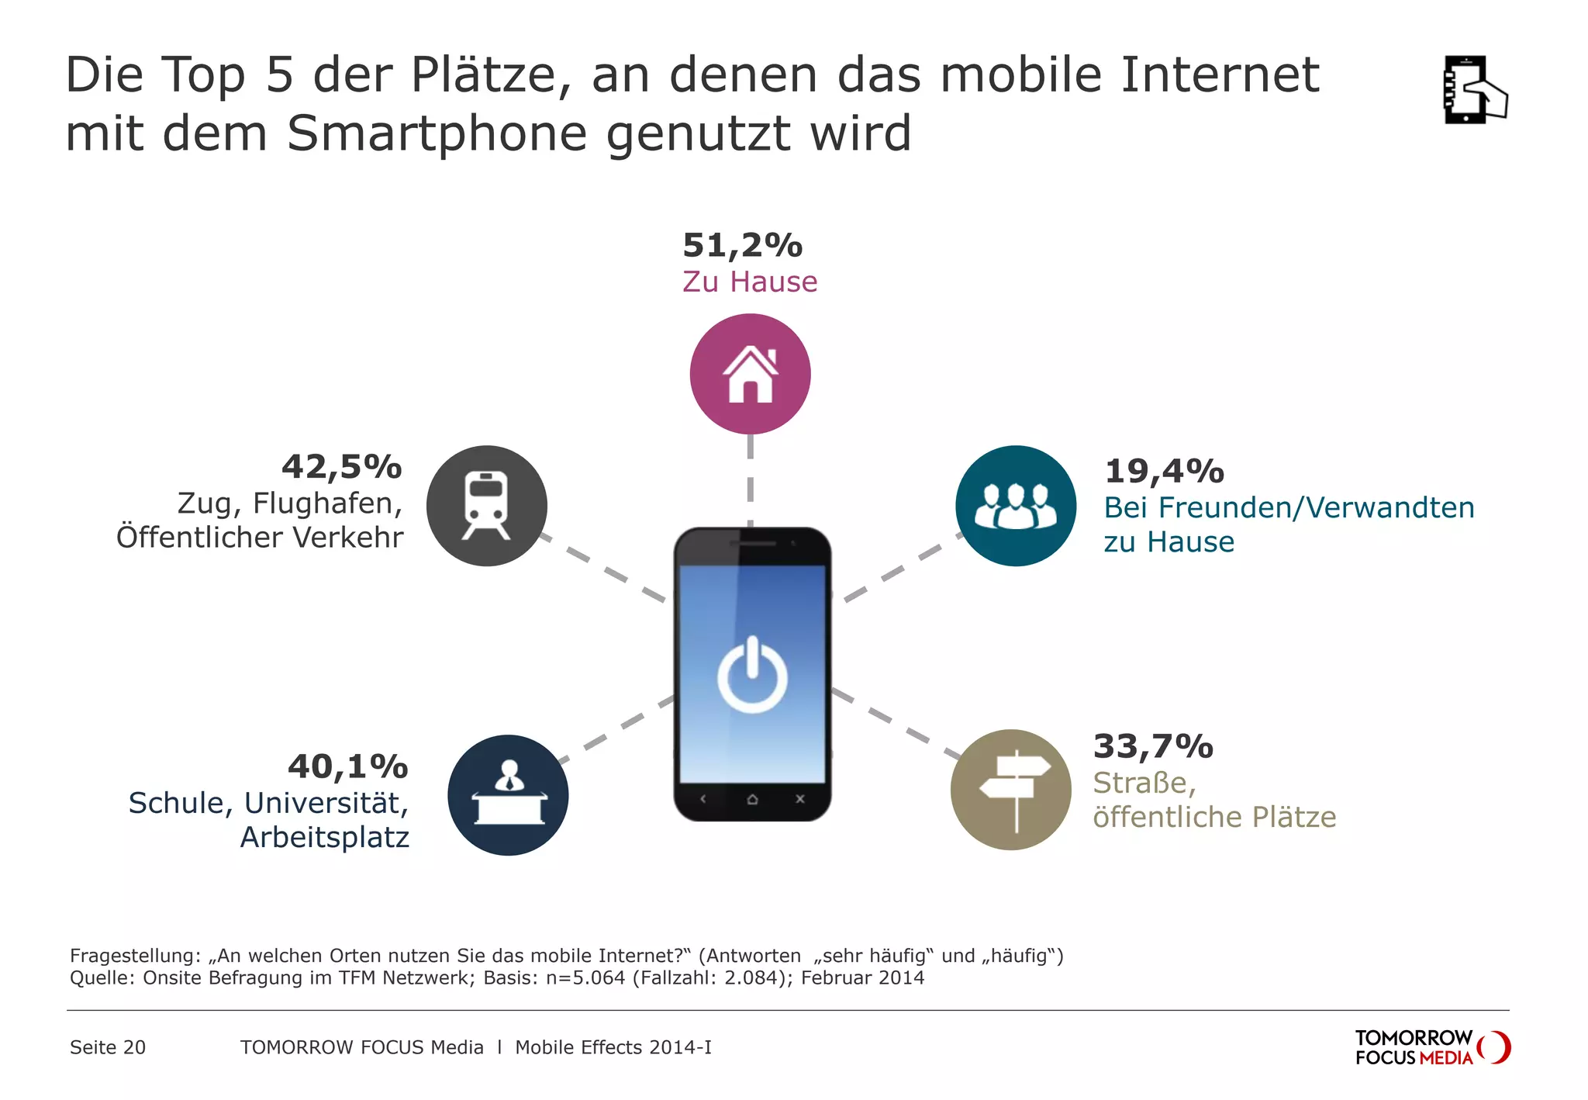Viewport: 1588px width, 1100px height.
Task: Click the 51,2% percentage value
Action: point(742,246)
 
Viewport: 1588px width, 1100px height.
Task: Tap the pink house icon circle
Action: point(750,374)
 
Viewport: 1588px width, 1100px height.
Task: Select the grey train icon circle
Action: point(487,506)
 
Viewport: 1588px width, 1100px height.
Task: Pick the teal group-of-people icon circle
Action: point(1016,506)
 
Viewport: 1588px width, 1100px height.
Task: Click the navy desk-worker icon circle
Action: point(508,795)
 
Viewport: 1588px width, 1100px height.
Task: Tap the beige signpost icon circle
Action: point(1011,790)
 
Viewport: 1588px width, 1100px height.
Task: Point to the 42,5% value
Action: point(342,468)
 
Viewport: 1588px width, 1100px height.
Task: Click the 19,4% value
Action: point(1164,472)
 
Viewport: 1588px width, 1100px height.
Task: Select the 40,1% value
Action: point(347,767)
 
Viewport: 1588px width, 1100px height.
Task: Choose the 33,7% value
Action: point(1153,747)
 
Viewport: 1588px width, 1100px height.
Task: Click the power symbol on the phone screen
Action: point(752,675)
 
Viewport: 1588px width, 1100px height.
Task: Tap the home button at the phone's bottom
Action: point(752,799)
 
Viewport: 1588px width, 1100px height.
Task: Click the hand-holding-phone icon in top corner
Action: point(1473,90)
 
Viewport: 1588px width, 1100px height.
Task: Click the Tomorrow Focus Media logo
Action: point(1431,1047)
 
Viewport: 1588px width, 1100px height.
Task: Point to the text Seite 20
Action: point(108,1047)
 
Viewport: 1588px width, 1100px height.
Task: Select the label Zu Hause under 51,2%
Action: point(750,282)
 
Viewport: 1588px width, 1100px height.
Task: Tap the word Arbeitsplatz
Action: point(325,838)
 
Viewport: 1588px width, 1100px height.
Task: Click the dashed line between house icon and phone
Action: point(750,481)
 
